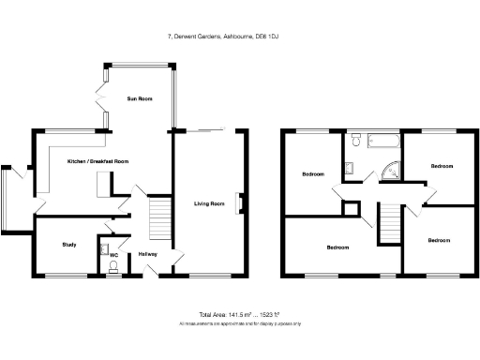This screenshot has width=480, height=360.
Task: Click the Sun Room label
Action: pos(138,98)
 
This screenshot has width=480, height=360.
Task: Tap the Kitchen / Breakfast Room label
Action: pos(97,161)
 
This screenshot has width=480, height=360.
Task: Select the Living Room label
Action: pos(209,203)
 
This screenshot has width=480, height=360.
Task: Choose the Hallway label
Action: pos(147,254)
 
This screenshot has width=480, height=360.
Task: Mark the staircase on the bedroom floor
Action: pos(388,225)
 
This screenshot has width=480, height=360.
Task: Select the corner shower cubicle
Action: pos(393,172)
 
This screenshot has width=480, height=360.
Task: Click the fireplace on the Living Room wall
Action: pos(242,202)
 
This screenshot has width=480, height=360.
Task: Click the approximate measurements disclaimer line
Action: pos(239,324)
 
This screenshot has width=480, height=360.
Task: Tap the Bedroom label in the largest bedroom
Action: pos(338,247)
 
